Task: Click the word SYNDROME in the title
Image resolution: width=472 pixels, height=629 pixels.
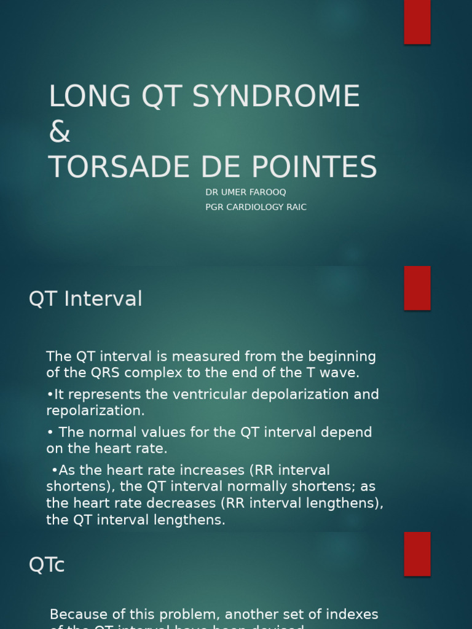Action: click(x=276, y=96)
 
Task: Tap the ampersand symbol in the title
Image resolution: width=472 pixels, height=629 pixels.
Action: click(x=60, y=132)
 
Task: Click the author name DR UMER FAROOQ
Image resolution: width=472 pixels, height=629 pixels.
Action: click(x=246, y=192)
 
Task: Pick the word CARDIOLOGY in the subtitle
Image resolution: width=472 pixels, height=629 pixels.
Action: click(x=256, y=207)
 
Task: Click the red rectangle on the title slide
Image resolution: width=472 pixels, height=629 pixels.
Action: click(x=417, y=21)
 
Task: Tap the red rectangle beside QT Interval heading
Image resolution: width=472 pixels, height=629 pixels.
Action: click(x=417, y=288)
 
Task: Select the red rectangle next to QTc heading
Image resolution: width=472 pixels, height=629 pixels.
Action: click(x=417, y=553)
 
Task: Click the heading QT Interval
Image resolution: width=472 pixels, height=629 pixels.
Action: click(x=85, y=299)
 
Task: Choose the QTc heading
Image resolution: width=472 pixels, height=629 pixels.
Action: click(x=47, y=565)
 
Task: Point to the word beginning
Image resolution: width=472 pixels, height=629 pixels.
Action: click(x=342, y=356)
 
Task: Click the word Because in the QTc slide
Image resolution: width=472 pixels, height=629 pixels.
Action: click(x=77, y=614)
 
